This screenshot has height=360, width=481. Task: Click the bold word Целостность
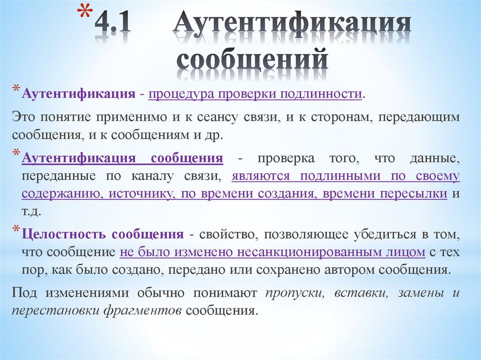(65, 234)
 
